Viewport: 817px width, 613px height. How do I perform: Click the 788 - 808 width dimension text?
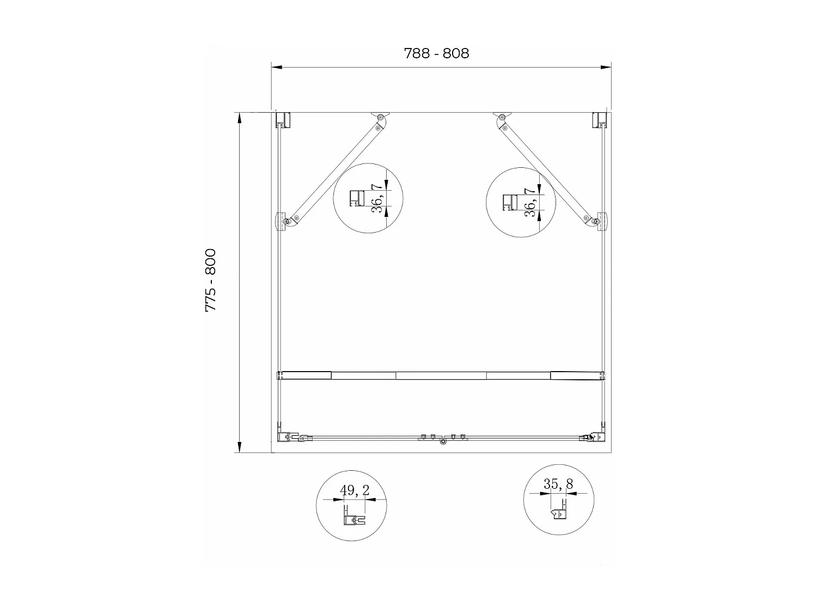tap(436, 53)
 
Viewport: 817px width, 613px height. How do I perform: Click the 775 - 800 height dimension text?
tap(211, 281)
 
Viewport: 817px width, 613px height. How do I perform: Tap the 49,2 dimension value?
tap(355, 490)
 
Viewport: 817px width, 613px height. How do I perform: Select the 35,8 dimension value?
tap(558, 484)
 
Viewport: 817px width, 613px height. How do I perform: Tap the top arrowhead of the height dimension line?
tap(239, 118)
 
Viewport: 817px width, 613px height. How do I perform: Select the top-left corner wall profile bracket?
tap(283, 119)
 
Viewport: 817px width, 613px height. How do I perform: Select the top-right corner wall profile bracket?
tap(599, 119)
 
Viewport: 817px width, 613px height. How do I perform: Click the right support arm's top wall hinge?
tap(502, 117)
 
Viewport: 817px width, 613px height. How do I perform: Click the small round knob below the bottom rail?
tap(443, 443)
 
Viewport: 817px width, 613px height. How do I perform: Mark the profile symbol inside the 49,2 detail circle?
tap(351, 518)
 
